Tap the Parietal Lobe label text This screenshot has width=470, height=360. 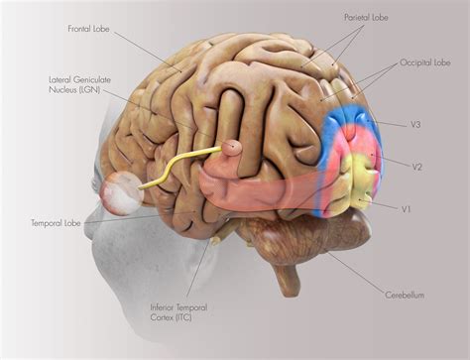(367, 18)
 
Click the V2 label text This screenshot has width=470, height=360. (417, 168)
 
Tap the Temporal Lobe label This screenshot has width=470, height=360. (54, 224)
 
